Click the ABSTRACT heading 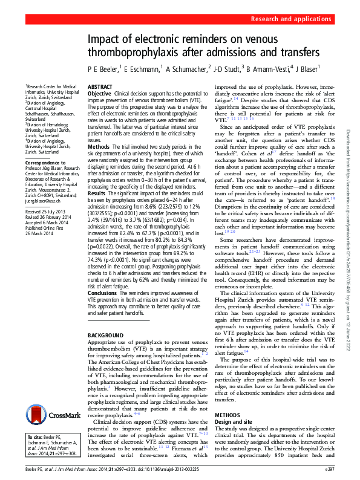[100, 88]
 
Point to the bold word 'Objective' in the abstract [100, 94]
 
